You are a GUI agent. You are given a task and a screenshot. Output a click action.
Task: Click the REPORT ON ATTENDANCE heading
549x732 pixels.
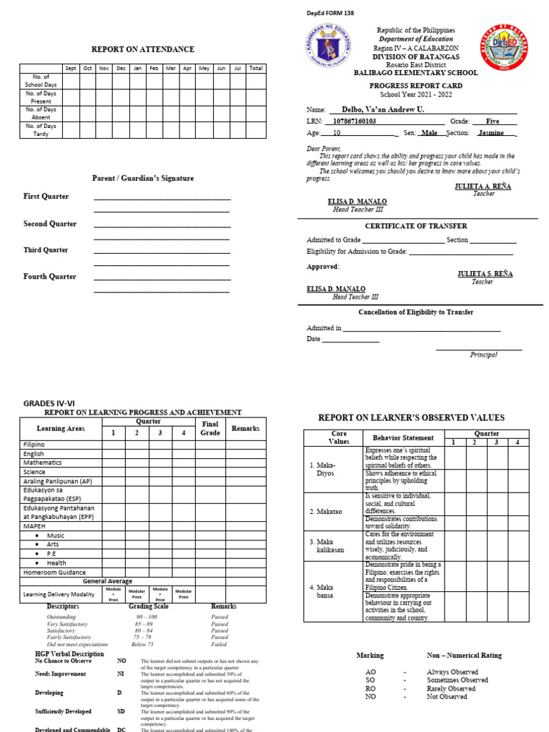click(142, 49)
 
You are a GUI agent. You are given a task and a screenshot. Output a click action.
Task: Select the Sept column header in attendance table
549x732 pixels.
click(71, 69)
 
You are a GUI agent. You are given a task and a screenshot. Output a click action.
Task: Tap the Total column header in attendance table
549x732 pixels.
click(256, 69)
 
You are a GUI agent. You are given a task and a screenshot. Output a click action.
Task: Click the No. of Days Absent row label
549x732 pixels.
click(41, 113)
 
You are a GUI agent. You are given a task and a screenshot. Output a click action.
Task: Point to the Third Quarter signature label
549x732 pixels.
click(46, 250)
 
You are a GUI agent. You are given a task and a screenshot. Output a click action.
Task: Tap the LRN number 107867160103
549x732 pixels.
click(365, 122)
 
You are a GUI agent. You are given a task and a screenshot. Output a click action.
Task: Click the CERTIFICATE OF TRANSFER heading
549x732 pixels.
click(415, 226)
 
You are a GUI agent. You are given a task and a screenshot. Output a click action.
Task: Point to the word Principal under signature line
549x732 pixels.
click(483, 355)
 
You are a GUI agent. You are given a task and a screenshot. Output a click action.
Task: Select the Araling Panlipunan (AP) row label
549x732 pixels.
click(57, 481)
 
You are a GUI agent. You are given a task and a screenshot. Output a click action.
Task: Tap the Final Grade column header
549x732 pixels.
click(210, 428)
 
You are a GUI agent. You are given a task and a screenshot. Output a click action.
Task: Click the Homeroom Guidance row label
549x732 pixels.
click(54, 572)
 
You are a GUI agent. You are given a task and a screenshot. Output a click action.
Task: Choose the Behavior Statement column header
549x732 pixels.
click(403, 437)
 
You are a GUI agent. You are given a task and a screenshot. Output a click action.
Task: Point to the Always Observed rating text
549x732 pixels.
click(452, 672)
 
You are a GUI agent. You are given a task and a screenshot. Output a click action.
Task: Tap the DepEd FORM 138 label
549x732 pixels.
click(330, 13)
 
